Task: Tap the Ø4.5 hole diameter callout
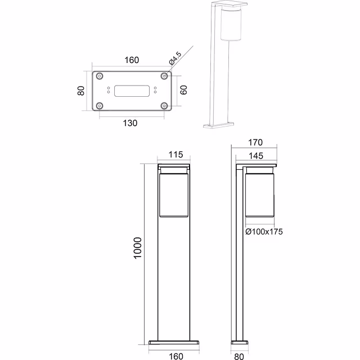pyautogui.click(x=174, y=58)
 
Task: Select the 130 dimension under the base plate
pyautogui.click(x=130, y=123)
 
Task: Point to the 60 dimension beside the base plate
pyautogui.click(x=183, y=90)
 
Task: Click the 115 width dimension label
pyautogui.click(x=176, y=155)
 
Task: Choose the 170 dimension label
pyautogui.click(x=256, y=143)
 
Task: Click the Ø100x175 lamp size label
pyautogui.click(x=264, y=231)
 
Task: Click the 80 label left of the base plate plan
pyautogui.click(x=81, y=91)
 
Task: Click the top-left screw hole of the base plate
pyautogui.click(x=99, y=76)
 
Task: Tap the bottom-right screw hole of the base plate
pyautogui.click(x=164, y=105)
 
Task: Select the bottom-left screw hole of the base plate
pyautogui.click(x=99, y=105)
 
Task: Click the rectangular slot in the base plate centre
pyautogui.click(x=132, y=91)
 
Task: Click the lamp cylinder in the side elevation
pyautogui.click(x=259, y=195)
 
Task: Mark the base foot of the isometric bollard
pyautogui.click(x=219, y=124)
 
